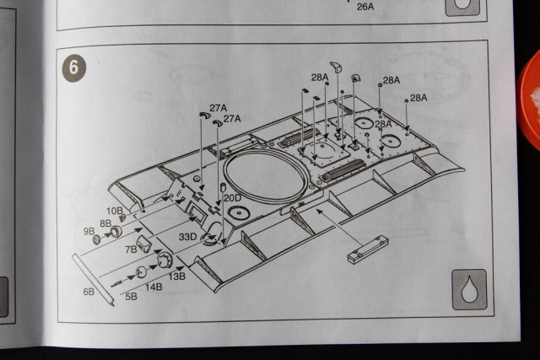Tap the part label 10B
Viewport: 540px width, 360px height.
click(x=115, y=210)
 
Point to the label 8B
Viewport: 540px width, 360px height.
click(x=106, y=223)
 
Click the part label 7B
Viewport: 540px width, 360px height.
click(x=132, y=250)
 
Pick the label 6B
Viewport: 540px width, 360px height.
click(x=89, y=291)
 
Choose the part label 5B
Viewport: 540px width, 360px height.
click(x=131, y=297)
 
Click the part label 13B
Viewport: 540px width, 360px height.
click(x=177, y=276)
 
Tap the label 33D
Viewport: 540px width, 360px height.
click(x=187, y=238)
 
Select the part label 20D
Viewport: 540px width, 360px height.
click(x=232, y=198)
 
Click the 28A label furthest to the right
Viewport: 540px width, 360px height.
click(x=419, y=98)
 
